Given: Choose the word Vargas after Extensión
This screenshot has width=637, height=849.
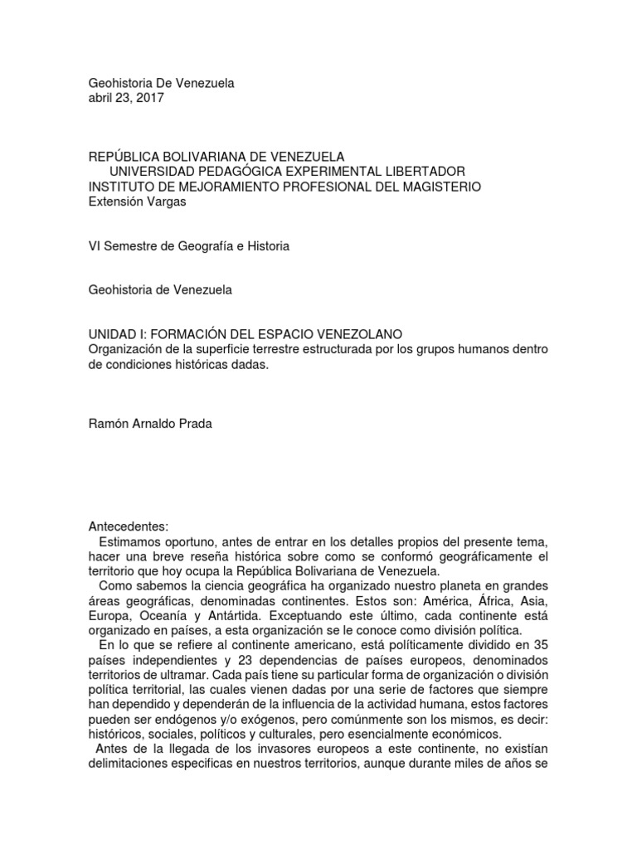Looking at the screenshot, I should (x=164, y=201).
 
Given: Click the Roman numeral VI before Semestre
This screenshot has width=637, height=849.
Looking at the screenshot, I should (x=95, y=246).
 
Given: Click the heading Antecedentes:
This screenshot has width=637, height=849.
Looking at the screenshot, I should (x=128, y=526).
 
